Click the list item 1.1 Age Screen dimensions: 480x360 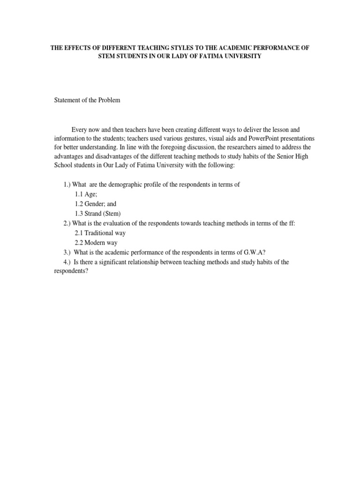(85, 194)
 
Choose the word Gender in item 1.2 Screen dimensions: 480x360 (95, 204)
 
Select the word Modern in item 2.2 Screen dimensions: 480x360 (97, 243)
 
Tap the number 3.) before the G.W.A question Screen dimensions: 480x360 (68, 252)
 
